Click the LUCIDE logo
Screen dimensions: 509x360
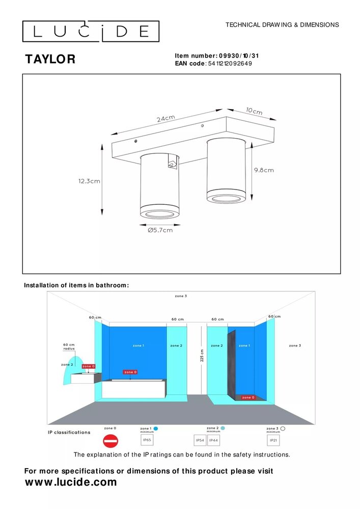(91, 32)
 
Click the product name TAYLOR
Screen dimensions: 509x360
(50, 60)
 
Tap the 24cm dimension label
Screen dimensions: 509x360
(165, 119)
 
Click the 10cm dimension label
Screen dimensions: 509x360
(254, 111)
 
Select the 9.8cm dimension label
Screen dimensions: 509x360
(263, 170)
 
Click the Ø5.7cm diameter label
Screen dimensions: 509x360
(160, 230)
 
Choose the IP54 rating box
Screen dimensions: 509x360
(201, 440)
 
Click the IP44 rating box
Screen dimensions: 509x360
(214, 440)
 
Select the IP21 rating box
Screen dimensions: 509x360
(273, 440)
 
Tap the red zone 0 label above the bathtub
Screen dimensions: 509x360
(130, 372)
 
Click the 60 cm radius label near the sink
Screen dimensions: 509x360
(68, 346)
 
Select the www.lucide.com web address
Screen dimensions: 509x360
(71, 482)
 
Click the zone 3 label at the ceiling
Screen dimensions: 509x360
(181, 296)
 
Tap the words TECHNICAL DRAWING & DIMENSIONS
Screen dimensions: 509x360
(282, 24)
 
